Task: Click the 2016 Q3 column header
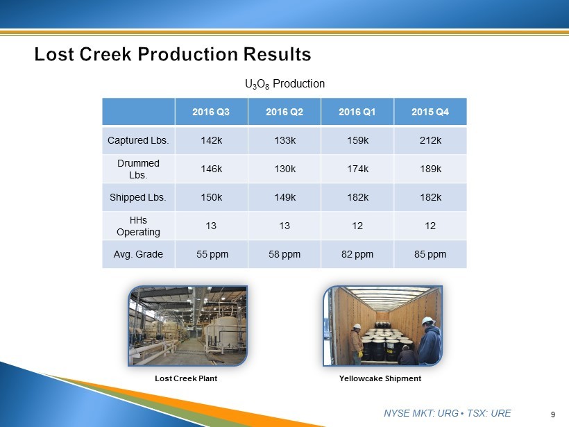[211, 112]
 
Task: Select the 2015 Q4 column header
[430, 112]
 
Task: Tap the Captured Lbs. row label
[138, 140]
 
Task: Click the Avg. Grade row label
[138, 254]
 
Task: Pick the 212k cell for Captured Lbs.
[430, 140]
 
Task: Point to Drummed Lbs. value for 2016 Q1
[357, 169]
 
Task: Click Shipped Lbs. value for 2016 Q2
[285, 197]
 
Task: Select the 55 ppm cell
[212, 254]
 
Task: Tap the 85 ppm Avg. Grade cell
[430, 254]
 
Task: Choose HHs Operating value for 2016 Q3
[211, 226]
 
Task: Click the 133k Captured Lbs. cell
[285, 140]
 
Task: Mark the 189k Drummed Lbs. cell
[430, 169]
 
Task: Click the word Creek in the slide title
[105, 54]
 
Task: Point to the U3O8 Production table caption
[285, 84]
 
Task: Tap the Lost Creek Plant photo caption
[186, 378]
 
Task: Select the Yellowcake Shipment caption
[380, 378]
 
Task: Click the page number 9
[553, 415]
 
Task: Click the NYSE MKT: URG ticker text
[421, 413]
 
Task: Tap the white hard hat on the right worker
[428, 321]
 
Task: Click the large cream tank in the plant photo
[225, 333]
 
